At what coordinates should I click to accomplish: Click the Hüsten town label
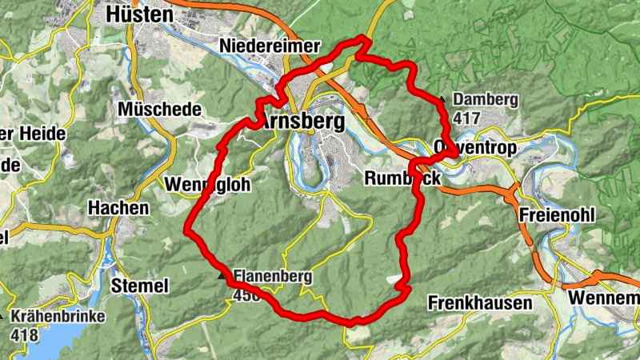click(139, 14)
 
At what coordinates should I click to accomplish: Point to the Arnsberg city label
click(304, 122)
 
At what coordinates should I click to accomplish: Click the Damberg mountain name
click(486, 100)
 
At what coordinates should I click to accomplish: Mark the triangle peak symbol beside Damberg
click(442, 99)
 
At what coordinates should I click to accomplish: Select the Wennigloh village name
click(207, 185)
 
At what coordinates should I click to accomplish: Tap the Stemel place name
click(141, 286)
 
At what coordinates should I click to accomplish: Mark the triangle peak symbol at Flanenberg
click(222, 277)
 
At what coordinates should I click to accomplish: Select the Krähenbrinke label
click(58, 317)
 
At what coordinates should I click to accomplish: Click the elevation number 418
click(26, 334)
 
